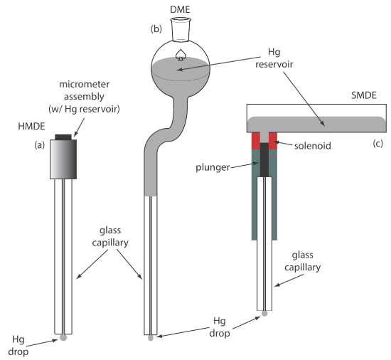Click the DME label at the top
point(180,9)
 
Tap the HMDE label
point(32,126)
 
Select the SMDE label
point(364,95)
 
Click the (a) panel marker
point(39,145)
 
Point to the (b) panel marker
point(156,29)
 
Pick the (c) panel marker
point(377,144)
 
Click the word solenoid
point(313,146)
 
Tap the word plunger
point(213,167)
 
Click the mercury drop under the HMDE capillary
point(63,337)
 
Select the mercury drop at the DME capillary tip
point(151,338)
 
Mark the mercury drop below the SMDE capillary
point(264,313)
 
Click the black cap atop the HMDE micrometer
point(63,137)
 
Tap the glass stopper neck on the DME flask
point(181,29)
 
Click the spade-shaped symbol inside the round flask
point(181,55)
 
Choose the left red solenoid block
point(256,141)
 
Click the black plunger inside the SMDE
point(264,159)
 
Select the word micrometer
point(84,85)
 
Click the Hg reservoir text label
point(274,58)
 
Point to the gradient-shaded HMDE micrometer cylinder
point(63,159)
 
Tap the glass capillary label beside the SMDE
point(302,261)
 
